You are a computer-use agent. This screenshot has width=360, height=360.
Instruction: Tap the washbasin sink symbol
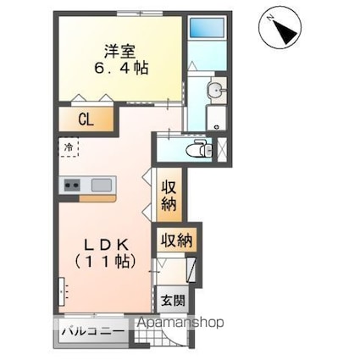pyautogui.click(x=216, y=91)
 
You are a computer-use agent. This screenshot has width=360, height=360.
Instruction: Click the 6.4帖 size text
pyautogui.click(x=119, y=68)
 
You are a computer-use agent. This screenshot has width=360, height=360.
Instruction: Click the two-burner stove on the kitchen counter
pyautogui.click(x=70, y=185)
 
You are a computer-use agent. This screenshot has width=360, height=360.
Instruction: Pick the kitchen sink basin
pyautogui.click(x=102, y=185)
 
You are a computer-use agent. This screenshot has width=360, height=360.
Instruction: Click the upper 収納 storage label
pyautogui.click(x=169, y=195)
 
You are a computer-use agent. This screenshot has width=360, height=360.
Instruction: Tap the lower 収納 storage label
pyautogui.click(x=175, y=240)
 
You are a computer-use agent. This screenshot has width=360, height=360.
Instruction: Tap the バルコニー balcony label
pyautogui.click(x=91, y=332)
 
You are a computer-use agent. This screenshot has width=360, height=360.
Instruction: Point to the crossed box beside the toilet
pyautogui.click(x=223, y=148)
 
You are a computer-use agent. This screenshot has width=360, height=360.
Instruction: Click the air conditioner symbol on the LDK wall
pyautogui.click(x=61, y=291)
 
